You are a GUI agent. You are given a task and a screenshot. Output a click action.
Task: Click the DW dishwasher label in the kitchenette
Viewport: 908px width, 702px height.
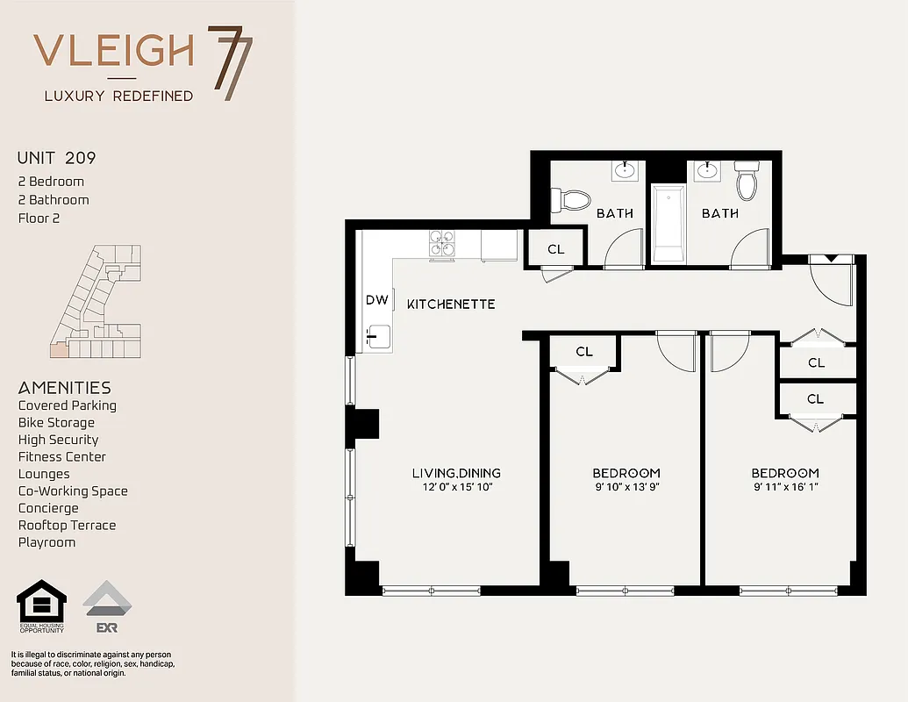[376, 300]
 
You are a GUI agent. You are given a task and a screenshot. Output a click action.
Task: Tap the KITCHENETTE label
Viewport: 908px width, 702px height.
[451, 304]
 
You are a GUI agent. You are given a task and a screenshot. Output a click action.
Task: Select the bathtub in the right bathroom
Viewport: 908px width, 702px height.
[668, 223]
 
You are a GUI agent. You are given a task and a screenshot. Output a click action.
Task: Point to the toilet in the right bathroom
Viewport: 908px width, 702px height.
[747, 181]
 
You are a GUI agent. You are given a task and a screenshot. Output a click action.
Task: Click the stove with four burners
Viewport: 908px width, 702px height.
[441, 244]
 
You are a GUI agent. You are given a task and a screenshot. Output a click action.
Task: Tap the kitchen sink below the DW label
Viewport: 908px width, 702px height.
[378, 336]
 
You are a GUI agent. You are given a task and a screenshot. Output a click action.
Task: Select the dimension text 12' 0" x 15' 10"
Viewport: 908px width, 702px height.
[456, 487]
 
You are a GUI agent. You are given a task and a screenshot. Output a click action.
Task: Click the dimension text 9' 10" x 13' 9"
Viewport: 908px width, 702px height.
[626, 487]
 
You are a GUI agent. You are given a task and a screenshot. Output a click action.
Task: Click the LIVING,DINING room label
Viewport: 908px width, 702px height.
[456, 473]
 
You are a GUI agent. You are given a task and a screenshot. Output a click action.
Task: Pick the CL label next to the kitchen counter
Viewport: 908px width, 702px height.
[555, 249]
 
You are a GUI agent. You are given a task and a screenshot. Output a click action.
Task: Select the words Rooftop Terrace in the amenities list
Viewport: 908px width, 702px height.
[67, 526]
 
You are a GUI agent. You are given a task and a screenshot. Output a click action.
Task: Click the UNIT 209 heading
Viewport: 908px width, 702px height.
[56, 159]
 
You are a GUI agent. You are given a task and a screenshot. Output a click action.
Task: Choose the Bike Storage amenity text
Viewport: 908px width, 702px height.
[56, 423]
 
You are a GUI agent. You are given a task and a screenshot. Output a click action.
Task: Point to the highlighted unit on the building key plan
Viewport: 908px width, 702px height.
[58, 350]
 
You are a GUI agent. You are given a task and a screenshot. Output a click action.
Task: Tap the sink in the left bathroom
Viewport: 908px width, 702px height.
[626, 169]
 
